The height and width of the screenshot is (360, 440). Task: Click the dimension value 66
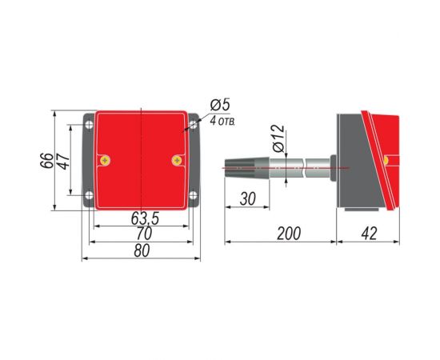[46, 161]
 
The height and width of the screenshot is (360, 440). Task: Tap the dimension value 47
[64, 161]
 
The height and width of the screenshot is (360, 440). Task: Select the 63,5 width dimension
[145, 218]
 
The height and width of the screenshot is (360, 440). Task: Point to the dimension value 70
[144, 233]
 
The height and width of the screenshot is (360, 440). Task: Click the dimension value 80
[142, 250]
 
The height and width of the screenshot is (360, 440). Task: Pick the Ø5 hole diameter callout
[220, 105]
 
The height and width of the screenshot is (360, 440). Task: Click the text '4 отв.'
[222, 122]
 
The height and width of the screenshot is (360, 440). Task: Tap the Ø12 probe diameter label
[278, 138]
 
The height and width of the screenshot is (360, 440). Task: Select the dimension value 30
[248, 198]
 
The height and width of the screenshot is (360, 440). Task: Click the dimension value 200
[289, 234]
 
